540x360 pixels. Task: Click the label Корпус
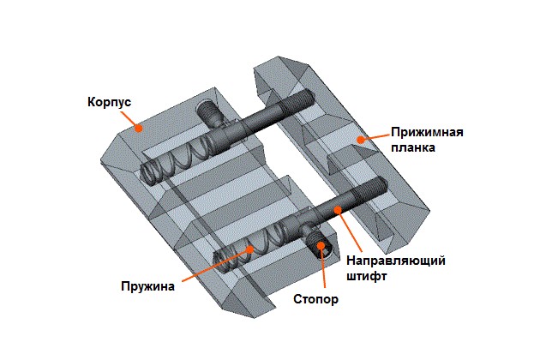(109, 102)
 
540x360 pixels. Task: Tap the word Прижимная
(427, 132)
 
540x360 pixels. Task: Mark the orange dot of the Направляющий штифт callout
(337, 208)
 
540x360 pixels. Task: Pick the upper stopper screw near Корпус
(208, 111)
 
